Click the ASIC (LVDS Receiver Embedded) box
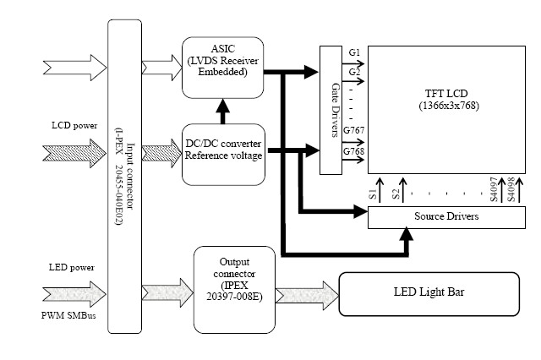pyautogui.click(x=222, y=68)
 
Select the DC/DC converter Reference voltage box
pyautogui.click(x=223, y=155)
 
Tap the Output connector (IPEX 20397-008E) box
pyautogui.click(x=234, y=290)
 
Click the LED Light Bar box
pyautogui.click(x=429, y=294)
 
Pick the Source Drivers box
pyautogui.click(x=446, y=217)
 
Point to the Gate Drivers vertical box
pyautogui.click(x=331, y=110)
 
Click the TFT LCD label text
pyautogui.click(x=446, y=94)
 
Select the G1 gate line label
pyautogui.click(x=354, y=52)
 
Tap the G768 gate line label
pyautogui.click(x=353, y=151)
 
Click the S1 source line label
pyautogui.click(x=373, y=194)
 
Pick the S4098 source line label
pyautogui.click(x=511, y=189)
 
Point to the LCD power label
pyautogui.click(x=74, y=126)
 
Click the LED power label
pyautogui.click(x=71, y=267)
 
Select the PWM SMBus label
pyautogui.click(x=68, y=315)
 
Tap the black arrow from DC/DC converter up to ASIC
pyautogui.click(x=222, y=112)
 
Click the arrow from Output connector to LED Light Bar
pyautogui.click(x=307, y=296)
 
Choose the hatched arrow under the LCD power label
pyautogui.click(x=74, y=154)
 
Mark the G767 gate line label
pyautogui.click(x=353, y=131)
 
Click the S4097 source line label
pyautogui.click(x=494, y=189)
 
